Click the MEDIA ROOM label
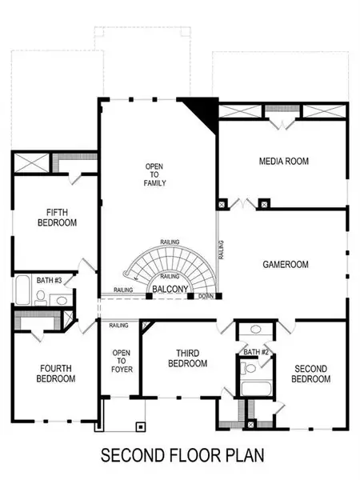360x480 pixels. (x=283, y=161)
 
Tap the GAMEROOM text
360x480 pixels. (x=286, y=264)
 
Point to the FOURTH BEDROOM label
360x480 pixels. (x=55, y=373)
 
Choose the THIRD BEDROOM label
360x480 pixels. (x=187, y=358)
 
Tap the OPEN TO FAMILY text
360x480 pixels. (x=154, y=176)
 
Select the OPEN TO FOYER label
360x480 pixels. (x=121, y=361)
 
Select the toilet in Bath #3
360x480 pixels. (x=40, y=298)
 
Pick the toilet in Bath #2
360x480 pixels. (x=249, y=369)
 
